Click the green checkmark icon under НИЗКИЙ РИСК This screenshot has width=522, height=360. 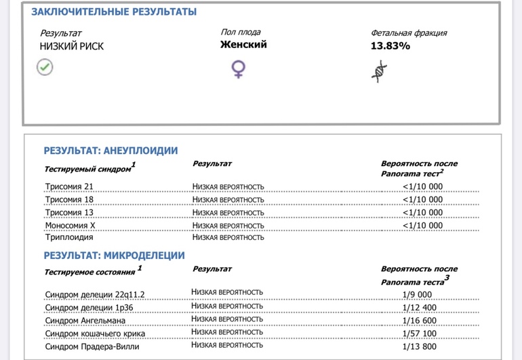click(45, 66)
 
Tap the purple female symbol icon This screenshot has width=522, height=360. click(239, 69)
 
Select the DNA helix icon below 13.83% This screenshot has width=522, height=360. click(380, 70)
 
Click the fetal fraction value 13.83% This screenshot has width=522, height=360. click(390, 46)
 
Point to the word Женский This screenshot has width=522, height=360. click(243, 45)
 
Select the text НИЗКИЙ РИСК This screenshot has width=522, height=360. click(72, 47)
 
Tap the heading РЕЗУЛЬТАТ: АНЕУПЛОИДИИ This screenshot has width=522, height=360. click(111, 151)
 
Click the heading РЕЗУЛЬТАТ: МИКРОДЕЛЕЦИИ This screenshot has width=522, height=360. click(114, 256)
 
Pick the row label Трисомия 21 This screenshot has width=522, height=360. click(70, 186)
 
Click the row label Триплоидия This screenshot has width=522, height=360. click(68, 238)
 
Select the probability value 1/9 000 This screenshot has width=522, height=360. click(416, 294)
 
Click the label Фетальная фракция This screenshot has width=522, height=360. click(409, 33)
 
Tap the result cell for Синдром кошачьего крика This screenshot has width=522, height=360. click(226, 332)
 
